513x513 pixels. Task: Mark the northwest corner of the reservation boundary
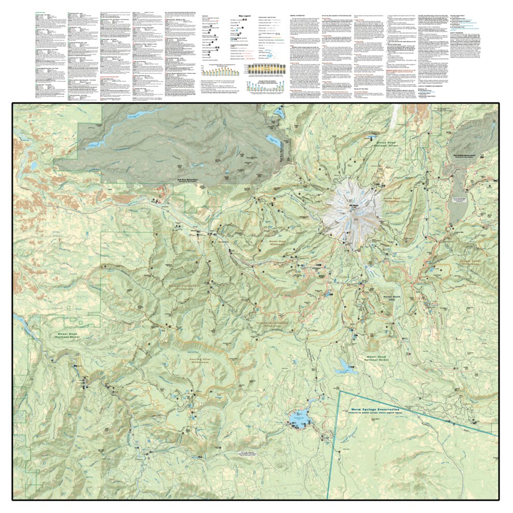coord(339,390)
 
